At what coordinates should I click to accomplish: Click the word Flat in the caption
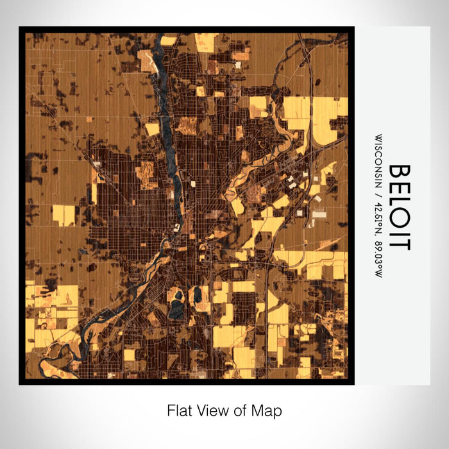click(x=179, y=411)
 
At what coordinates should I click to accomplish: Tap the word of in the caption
click(x=235, y=411)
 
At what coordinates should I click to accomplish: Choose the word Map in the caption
click(x=264, y=411)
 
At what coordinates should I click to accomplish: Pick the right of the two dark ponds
click(x=197, y=296)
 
